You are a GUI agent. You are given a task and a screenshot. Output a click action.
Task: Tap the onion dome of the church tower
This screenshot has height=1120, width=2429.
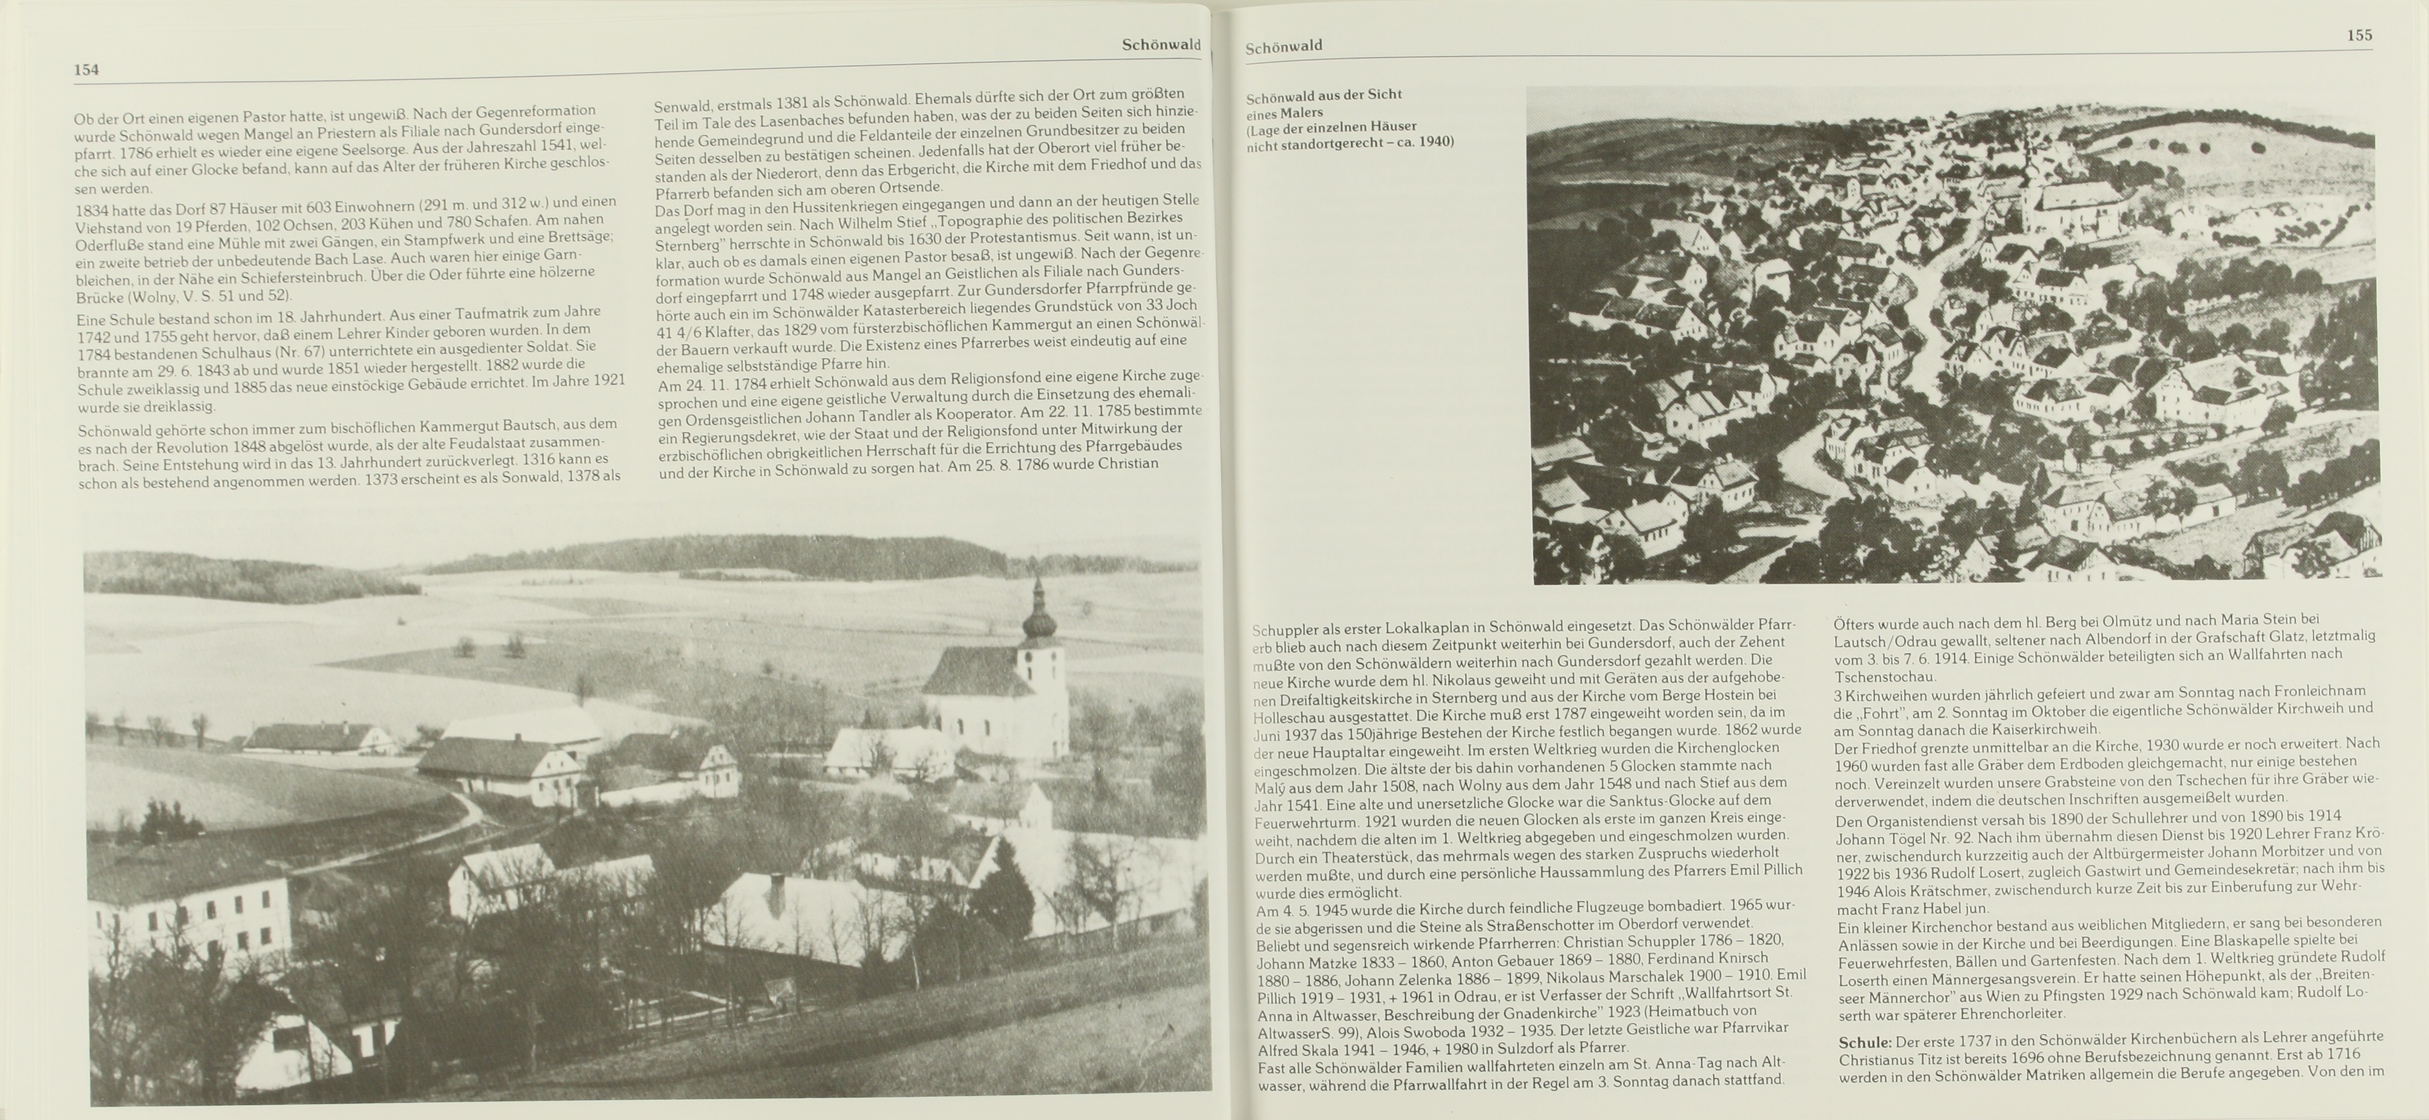(x=1039, y=622)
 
